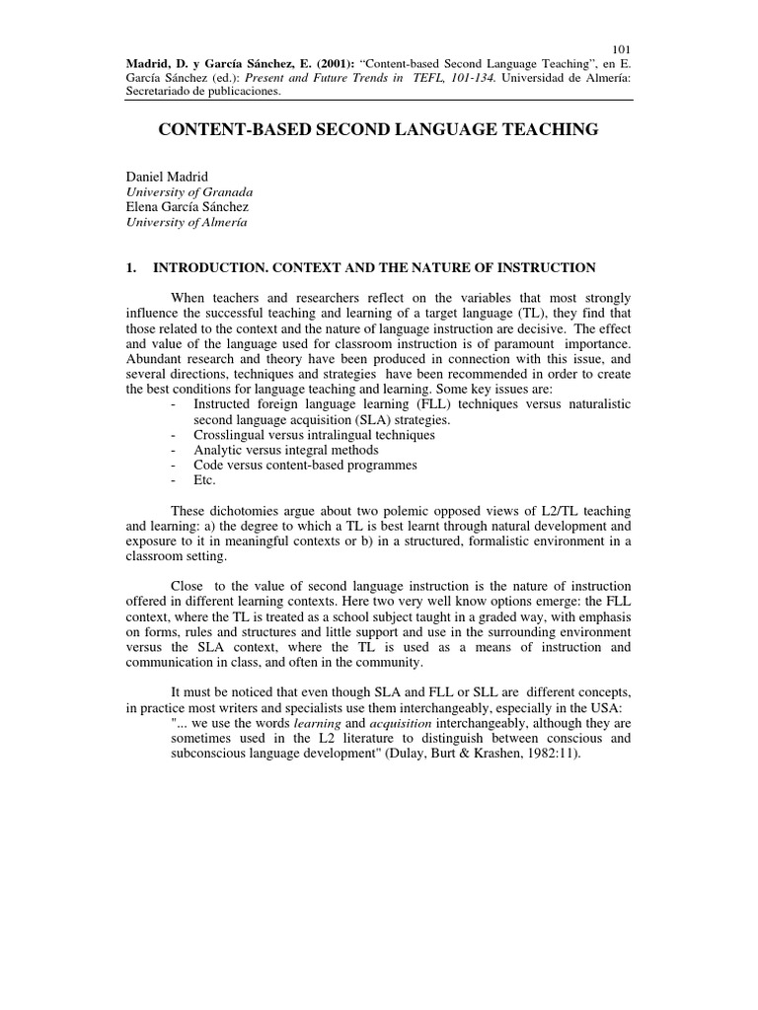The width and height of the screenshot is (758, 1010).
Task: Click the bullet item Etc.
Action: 204,480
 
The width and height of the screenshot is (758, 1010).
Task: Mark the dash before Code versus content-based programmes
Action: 175,466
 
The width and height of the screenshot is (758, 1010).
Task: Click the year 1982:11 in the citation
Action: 544,754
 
